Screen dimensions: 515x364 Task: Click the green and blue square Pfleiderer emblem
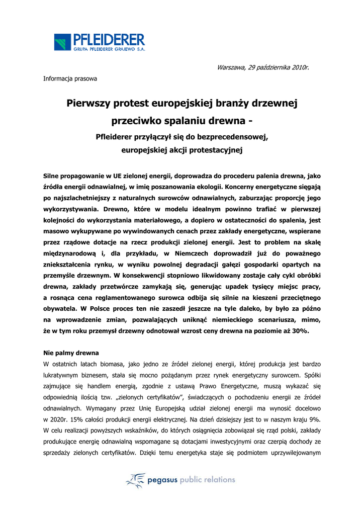pos(63,42)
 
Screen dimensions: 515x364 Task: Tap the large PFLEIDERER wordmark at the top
pos(109,39)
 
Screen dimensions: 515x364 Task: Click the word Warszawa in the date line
pos(232,67)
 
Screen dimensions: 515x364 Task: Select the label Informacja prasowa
pos(70,78)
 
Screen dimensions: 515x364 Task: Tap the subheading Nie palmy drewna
pos(71,353)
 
